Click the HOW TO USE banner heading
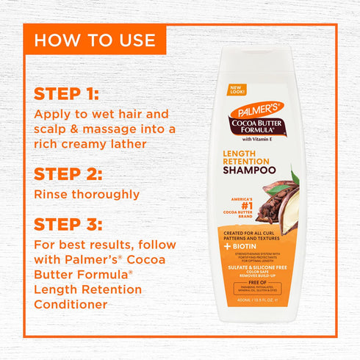click(95, 39)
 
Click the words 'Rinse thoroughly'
click(87, 195)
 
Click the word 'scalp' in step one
click(53, 129)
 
